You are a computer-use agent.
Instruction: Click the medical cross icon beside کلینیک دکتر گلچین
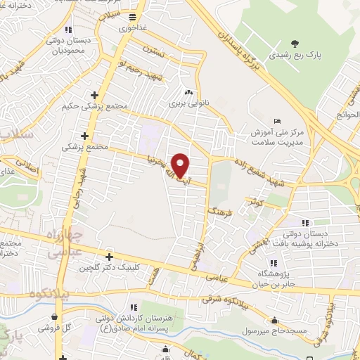tap(108, 257)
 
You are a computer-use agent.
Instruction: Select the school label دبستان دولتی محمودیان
tap(67, 45)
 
